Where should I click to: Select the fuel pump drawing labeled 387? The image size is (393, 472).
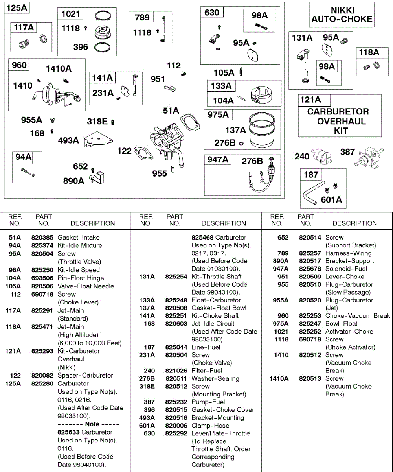(x=368, y=156)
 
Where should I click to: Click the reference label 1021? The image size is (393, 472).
(x=71, y=14)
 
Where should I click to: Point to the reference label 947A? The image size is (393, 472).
(x=217, y=160)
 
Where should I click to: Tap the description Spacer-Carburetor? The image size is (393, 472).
(x=85, y=376)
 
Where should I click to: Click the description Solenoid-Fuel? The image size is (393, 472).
(x=346, y=269)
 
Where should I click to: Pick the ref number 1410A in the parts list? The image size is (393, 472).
(x=279, y=378)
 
